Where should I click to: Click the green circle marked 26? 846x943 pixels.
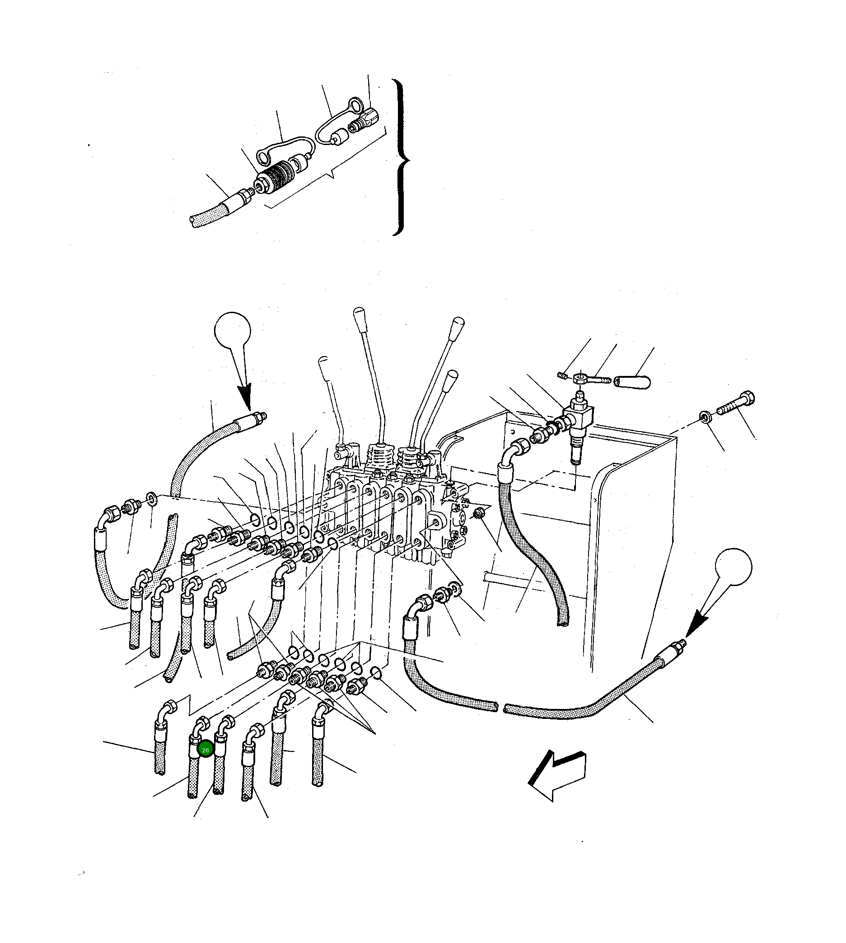[205, 750]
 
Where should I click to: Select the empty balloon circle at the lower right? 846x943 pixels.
[733, 567]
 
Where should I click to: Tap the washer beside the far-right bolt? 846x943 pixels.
[705, 417]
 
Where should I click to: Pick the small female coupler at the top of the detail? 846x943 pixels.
[367, 118]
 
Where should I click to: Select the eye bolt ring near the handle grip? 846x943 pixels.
[580, 378]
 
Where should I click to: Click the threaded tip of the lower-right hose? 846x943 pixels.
[682, 643]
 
